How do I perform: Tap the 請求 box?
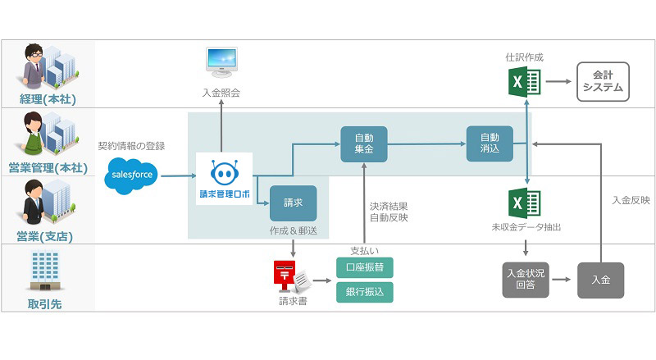(293, 202)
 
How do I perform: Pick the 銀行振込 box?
(365, 291)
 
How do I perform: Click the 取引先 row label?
(45, 304)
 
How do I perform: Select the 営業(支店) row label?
(45, 238)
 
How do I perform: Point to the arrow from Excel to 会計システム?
(558, 82)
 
